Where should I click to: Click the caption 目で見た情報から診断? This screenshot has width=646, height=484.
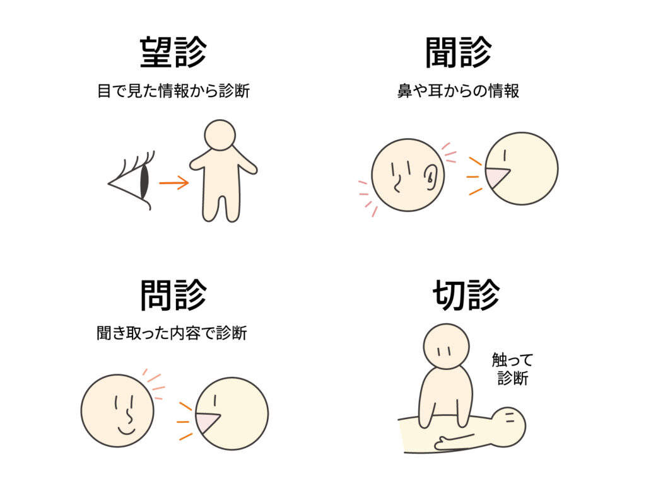coord(173,91)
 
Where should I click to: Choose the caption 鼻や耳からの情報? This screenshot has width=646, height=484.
coord(459,91)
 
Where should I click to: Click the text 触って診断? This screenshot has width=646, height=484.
coord(512,369)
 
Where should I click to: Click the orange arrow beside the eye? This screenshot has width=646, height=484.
coord(173,183)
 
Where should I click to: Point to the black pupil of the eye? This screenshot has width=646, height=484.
coord(144,181)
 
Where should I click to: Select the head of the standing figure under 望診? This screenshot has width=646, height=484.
coord(220,135)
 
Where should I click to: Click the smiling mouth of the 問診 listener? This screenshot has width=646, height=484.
coord(126,431)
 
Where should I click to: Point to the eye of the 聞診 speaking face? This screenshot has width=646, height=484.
coord(505,155)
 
